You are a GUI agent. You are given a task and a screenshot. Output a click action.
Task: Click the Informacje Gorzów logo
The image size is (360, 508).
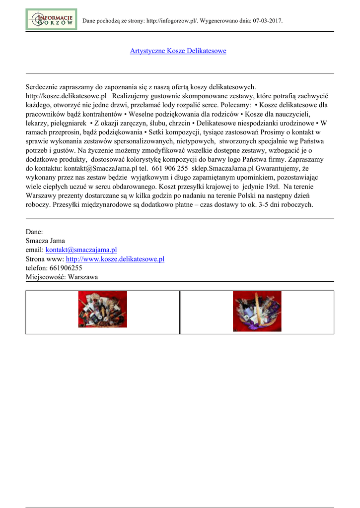tap(51, 19)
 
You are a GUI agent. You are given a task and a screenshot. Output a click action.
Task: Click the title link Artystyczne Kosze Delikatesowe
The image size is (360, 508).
tap(178, 51)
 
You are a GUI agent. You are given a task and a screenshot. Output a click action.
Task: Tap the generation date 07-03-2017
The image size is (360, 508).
tap(267, 21)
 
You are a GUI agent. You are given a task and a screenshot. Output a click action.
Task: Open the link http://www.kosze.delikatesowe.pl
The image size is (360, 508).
tap(115, 259)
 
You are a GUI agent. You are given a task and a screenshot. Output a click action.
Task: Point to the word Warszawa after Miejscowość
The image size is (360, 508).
tap(83, 277)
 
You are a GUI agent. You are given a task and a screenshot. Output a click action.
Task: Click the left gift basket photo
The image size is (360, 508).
tap(102, 309)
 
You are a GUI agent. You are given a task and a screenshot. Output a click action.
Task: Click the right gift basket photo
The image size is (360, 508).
tap(257, 311)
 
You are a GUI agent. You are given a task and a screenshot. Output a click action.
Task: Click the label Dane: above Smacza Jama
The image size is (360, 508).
tap(34, 232)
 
